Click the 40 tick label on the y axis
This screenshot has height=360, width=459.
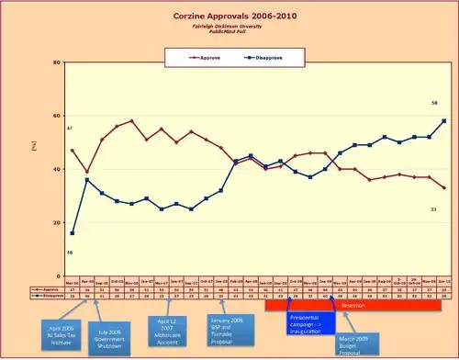click(x=57, y=169)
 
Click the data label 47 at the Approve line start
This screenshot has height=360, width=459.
click(x=69, y=128)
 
